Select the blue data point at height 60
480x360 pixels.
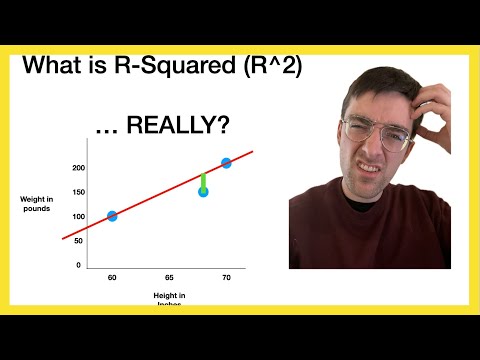coord(112,216)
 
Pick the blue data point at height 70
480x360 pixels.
coord(226,162)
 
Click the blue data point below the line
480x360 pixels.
coord(203,191)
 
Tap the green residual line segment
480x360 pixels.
coord(203,180)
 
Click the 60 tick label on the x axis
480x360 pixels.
coord(112,276)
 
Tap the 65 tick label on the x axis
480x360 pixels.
coord(169,276)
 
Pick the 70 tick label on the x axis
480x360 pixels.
coord(226,276)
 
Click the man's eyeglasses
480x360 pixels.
coord(375,133)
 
